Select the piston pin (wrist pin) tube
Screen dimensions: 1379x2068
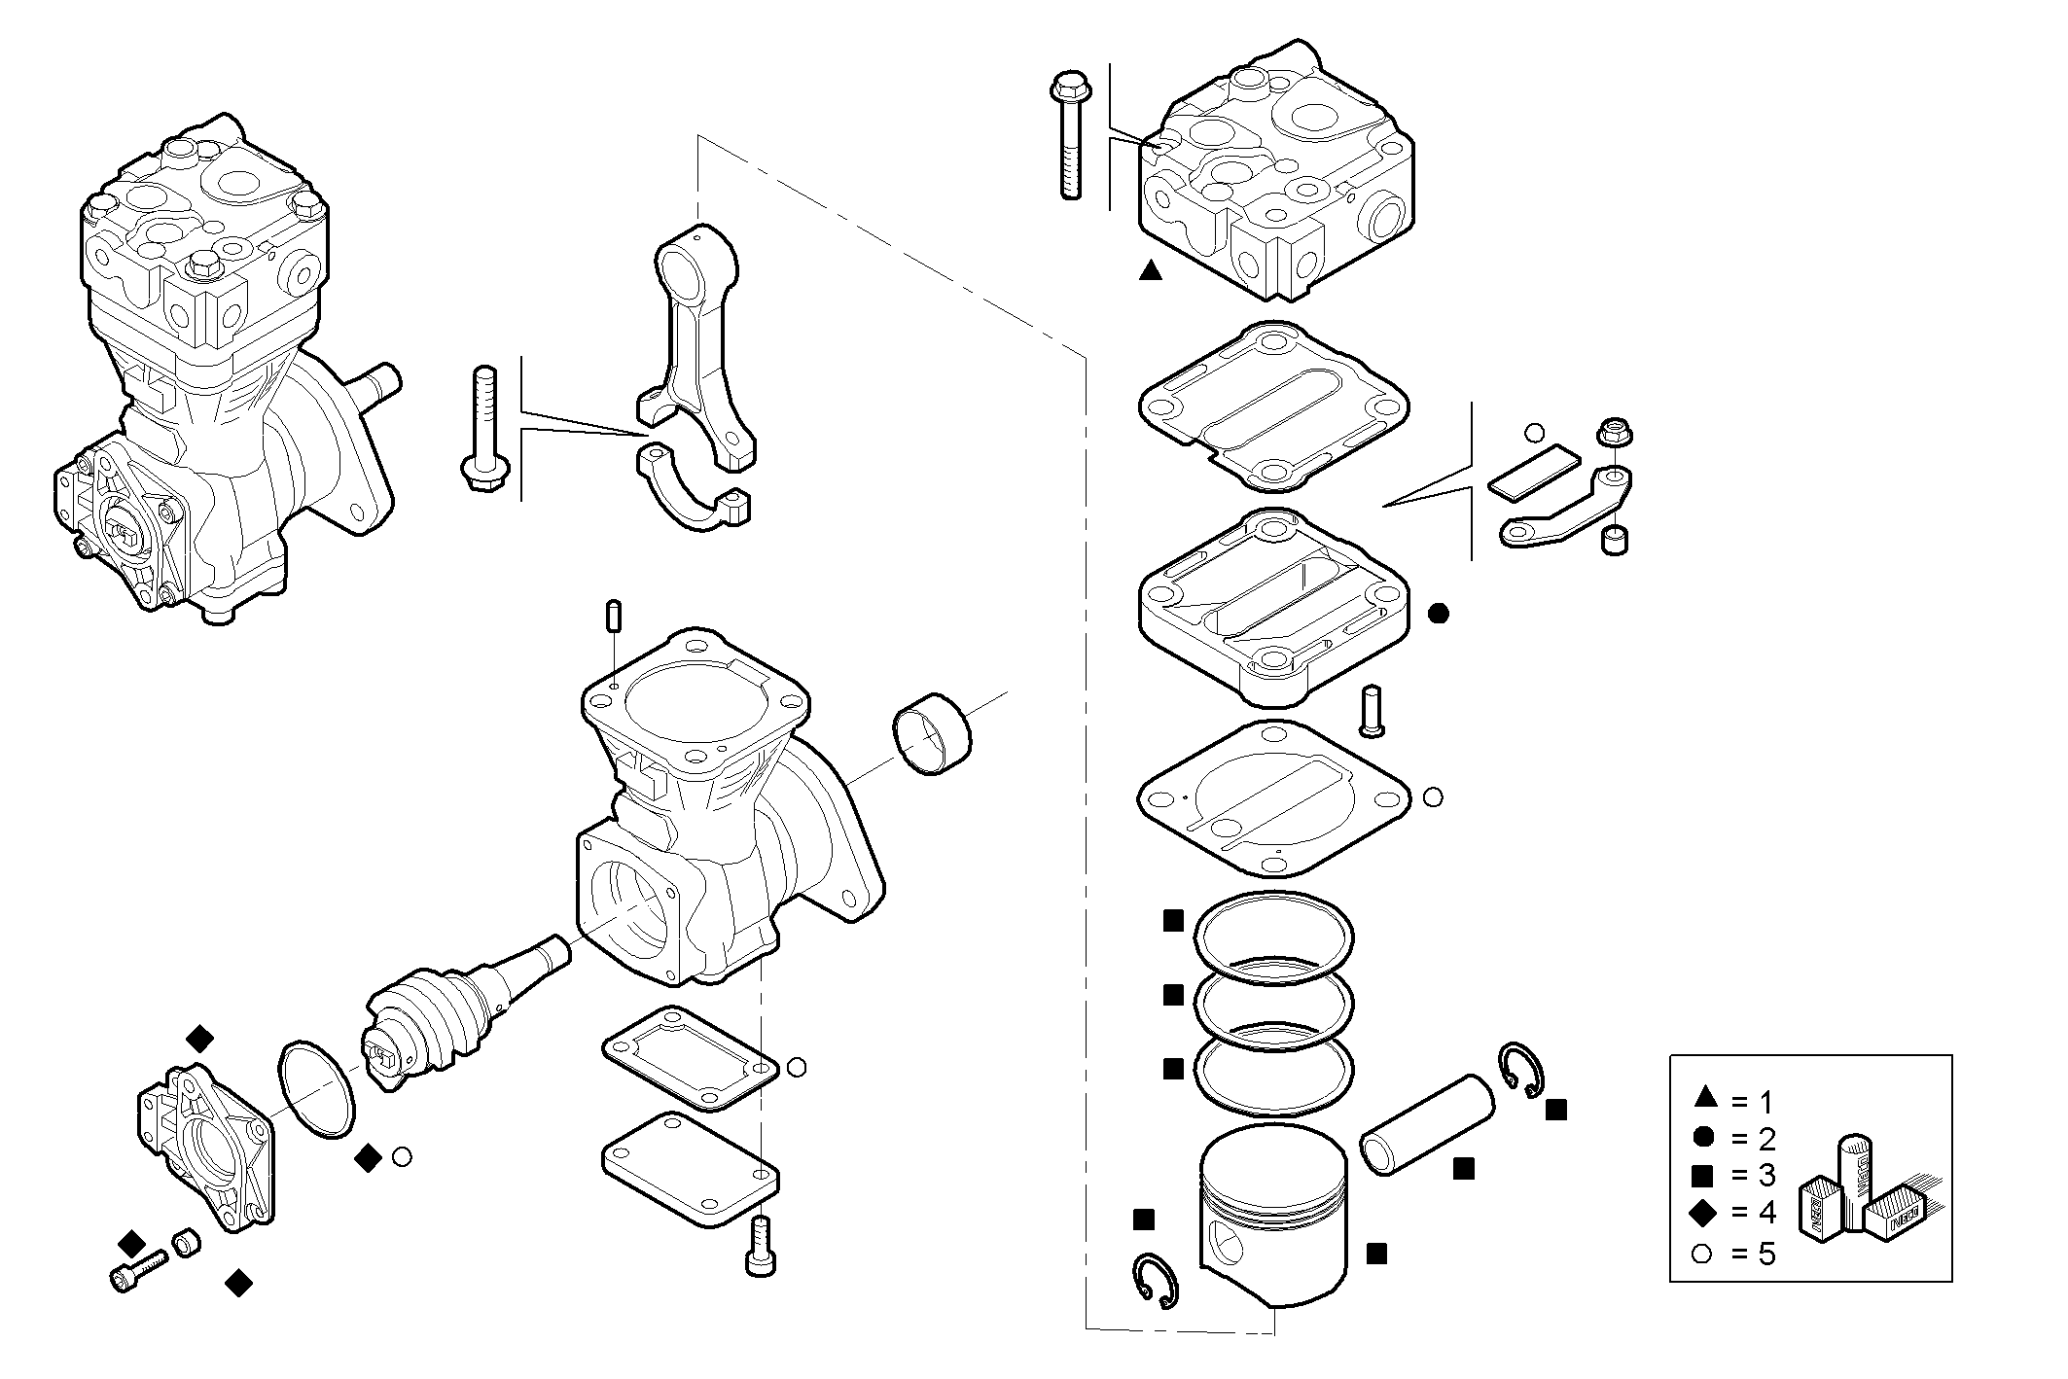click(x=1427, y=1124)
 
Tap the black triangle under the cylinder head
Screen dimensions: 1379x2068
click(x=1150, y=271)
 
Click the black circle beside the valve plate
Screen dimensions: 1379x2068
click(x=1439, y=614)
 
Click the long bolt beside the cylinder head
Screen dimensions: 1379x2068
click(x=1068, y=136)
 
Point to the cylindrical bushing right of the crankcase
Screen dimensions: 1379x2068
click(x=932, y=734)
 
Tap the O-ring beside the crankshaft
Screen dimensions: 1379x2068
click(x=317, y=1088)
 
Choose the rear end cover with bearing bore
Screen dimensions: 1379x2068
click(x=204, y=1148)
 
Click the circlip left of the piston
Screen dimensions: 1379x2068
click(x=1156, y=1279)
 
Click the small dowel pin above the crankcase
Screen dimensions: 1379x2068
click(x=614, y=618)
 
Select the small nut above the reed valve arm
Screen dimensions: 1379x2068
click(x=1615, y=432)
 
